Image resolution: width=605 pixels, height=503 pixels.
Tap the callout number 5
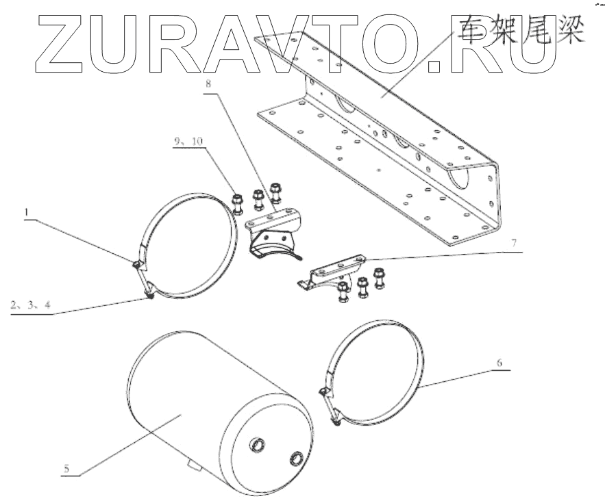pyautogui.click(x=66, y=469)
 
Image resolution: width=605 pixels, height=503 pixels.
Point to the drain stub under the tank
pyautogui.click(x=192, y=467)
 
